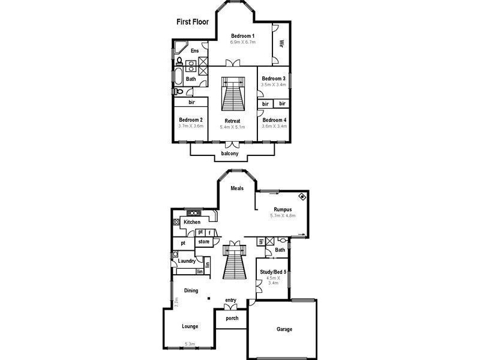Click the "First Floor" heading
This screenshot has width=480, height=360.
pos(192,22)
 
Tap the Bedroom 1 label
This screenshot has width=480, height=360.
pos(243,36)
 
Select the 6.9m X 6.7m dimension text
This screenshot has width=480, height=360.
pos(243,43)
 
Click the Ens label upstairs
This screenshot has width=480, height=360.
pos(194,51)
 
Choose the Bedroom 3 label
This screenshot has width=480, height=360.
pos(273,79)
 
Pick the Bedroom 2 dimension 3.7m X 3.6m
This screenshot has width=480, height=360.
pos(191,126)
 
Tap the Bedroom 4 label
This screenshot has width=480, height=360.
pos(274,120)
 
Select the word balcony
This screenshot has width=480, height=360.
pos(230,154)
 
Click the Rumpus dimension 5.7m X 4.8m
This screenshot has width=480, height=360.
pos(283,215)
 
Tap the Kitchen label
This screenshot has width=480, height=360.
pos(192,222)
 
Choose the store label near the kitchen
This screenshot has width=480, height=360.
pos(203,242)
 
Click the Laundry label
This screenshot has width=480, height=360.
pos(187,261)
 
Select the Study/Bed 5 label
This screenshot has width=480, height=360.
pos(272,271)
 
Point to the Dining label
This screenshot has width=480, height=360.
pos(191,290)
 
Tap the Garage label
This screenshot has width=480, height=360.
pos(284,329)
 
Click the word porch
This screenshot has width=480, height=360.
pos(232,318)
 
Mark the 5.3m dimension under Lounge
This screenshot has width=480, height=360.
pos(190,344)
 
